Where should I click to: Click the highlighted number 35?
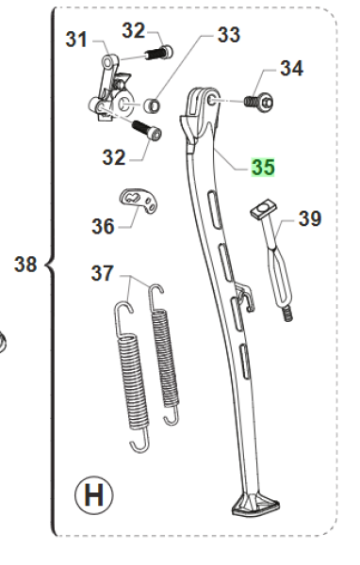point(263,168)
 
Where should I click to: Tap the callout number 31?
point(76,39)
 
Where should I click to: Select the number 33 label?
point(229,35)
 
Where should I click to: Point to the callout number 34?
point(291,68)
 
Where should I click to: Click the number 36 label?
point(103,226)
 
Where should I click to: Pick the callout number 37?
point(103,273)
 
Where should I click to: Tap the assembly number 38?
point(25,264)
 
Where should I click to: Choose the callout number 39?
point(310,218)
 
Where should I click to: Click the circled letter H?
point(94,495)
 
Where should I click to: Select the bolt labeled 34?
point(258,101)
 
